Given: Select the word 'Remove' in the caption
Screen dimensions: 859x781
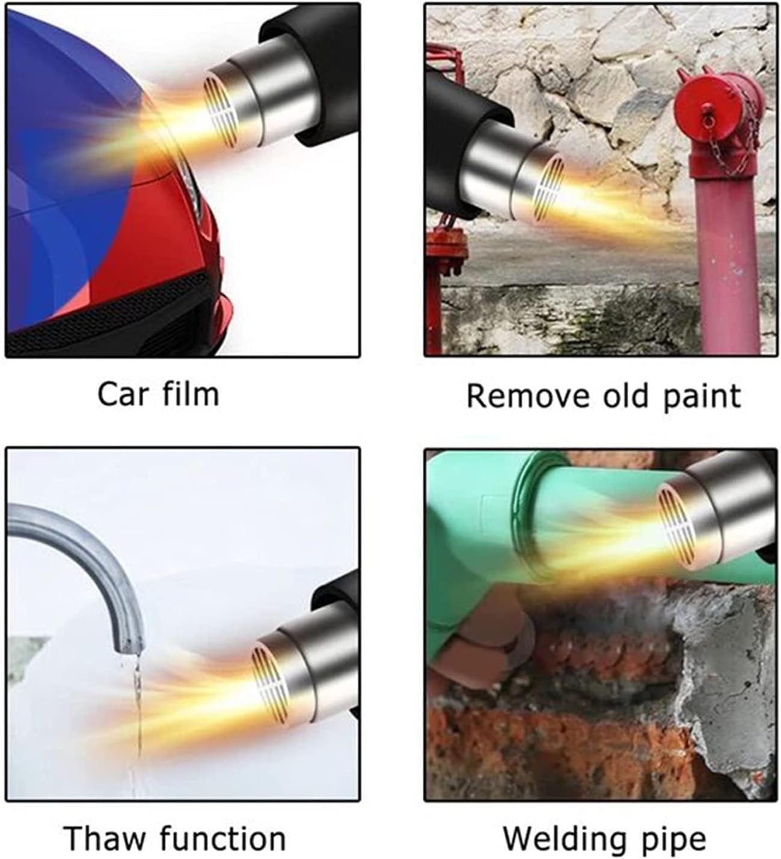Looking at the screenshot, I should click(527, 397).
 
